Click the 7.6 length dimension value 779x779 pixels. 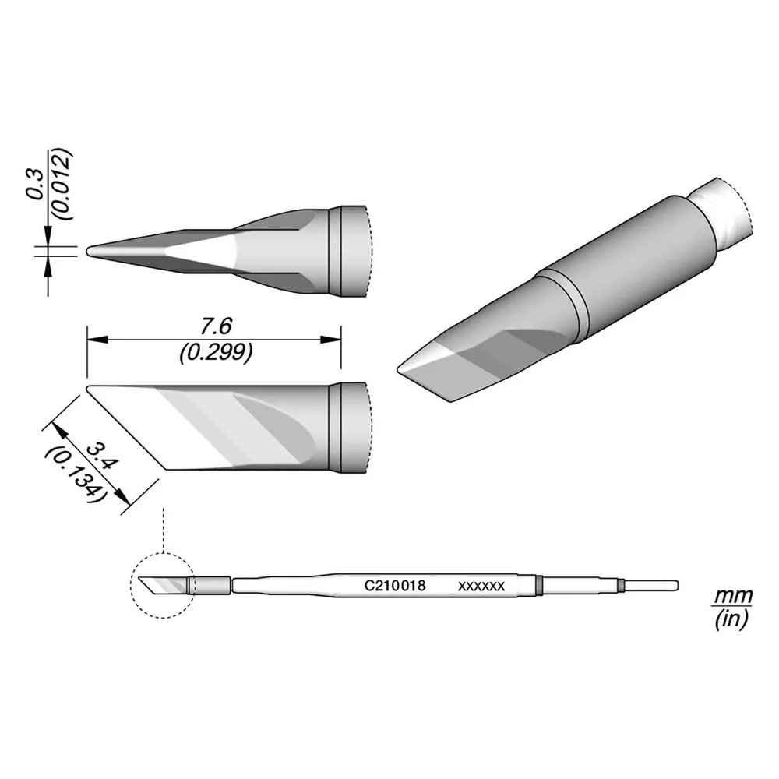pyautogui.click(x=216, y=327)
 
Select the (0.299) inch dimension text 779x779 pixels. pyautogui.click(x=216, y=353)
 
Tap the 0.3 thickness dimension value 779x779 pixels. pyautogui.click(x=36, y=184)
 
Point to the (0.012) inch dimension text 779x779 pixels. pyautogui.click(x=63, y=185)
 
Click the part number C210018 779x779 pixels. pyautogui.click(x=395, y=586)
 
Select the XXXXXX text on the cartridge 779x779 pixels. pyautogui.click(x=481, y=587)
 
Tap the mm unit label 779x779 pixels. pyautogui.click(x=733, y=595)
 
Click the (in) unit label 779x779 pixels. pyautogui.click(x=731, y=619)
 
